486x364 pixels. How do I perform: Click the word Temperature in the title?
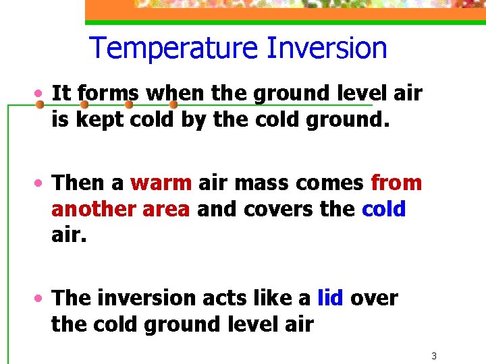[x=173, y=49]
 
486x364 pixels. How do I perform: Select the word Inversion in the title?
[x=327, y=49]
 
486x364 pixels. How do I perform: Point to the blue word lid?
[x=330, y=297]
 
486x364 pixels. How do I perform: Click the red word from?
[x=396, y=183]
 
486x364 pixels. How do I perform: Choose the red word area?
[x=166, y=209]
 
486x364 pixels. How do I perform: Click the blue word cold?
[x=383, y=209]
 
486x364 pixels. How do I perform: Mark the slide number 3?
[x=435, y=355]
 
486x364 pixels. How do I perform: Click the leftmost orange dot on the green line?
[x=40, y=105]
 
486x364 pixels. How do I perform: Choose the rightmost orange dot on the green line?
[x=173, y=105]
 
